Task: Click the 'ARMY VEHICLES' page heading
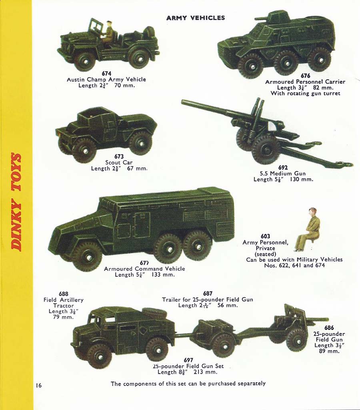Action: coord(196,18)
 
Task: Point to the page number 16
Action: coord(39,385)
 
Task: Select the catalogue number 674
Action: coord(106,74)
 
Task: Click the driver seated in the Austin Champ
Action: coord(109,32)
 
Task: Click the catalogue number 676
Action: coord(305,76)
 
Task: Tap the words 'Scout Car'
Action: coord(119,163)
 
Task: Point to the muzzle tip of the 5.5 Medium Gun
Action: coord(182,101)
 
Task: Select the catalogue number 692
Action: coord(283,168)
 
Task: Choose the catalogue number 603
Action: coord(265,237)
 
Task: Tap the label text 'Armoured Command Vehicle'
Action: coord(144,269)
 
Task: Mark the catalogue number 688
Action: coord(64,294)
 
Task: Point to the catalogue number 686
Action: coord(329,328)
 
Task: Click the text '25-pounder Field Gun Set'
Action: coord(188,366)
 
